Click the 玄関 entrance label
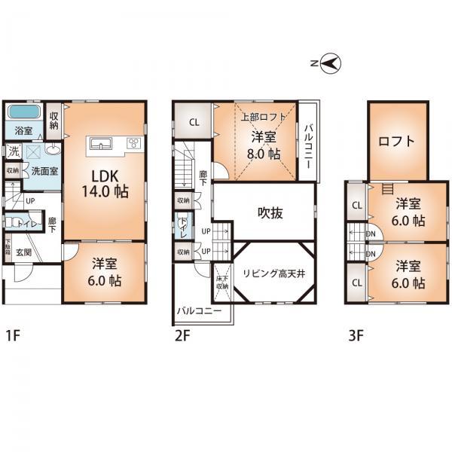(x=26, y=252)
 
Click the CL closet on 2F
(x=194, y=122)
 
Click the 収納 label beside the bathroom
(x=54, y=121)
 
